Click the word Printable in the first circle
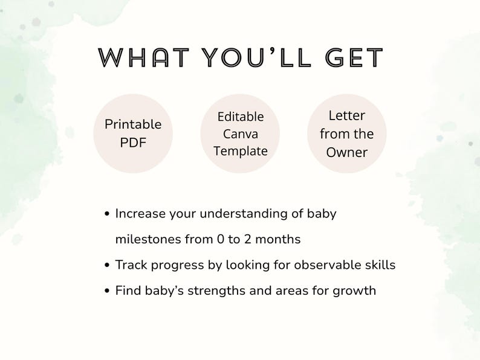tap(133, 124)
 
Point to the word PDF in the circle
tap(133, 143)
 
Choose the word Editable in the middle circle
tap(241, 117)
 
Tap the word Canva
tap(241, 133)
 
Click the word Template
tap(241, 151)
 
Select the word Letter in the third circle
tap(347, 115)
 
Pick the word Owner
tap(347, 152)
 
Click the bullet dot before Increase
tap(107, 214)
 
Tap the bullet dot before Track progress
tap(107, 265)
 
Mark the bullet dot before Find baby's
tap(107, 291)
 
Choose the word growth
tap(355, 291)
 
